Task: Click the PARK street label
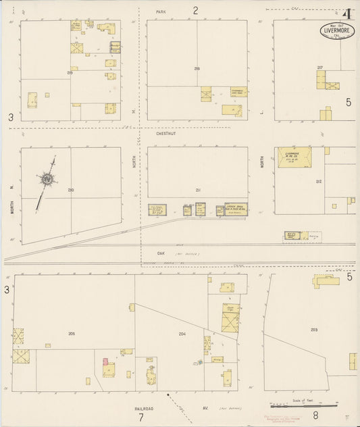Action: point(161,12)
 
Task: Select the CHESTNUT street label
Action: point(165,134)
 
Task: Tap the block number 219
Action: point(70,72)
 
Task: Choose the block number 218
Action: point(197,69)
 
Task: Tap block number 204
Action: point(182,334)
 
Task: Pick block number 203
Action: point(314,330)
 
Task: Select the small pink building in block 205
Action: point(105,361)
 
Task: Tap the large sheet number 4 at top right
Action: point(348,14)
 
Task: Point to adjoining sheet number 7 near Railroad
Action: point(140,417)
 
